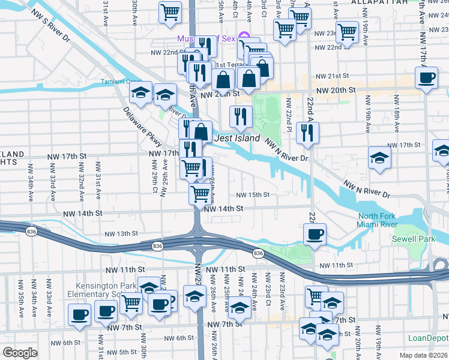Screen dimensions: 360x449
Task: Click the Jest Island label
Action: coord(237,139)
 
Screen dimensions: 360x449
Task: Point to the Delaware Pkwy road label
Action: coord(142,127)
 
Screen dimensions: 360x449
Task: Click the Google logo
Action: coord(19,353)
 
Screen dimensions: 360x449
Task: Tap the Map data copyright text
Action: coord(423,355)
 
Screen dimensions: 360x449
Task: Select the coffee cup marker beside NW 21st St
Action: coord(427,78)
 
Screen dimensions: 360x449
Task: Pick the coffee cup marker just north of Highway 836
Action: coord(314,235)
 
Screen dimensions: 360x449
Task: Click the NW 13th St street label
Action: coord(121,233)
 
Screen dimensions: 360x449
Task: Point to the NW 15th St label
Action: coord(252,195)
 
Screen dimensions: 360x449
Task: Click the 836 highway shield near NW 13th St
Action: coord(157,246)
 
